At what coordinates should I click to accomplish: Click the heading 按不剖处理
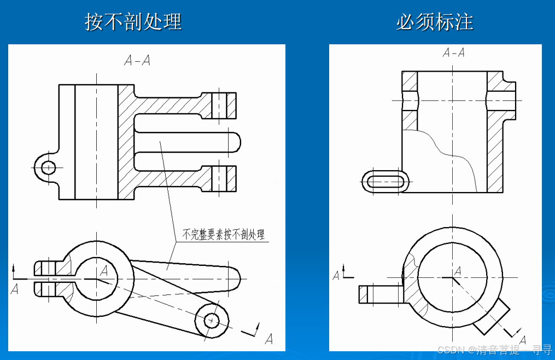[x=133, y=21]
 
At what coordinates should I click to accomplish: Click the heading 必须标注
[x=435, y=21]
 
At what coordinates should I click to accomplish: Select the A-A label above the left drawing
[x=137, y=61]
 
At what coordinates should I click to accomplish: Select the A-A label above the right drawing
[x=453, y=53]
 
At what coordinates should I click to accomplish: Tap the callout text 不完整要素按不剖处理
[x=223, y=235]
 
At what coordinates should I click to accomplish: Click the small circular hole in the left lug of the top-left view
[x=48, y=167]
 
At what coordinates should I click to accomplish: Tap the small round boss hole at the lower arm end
[x=211, y=320]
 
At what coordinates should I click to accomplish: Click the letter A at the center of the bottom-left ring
[x=104, y=270]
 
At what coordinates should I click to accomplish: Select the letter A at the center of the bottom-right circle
[x=458, y=270]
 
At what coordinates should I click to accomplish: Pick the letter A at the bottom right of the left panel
[x=268, y=339]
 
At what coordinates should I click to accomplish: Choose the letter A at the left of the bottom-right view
[x=336, y=276]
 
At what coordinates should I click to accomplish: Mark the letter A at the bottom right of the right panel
[x=523, y=340]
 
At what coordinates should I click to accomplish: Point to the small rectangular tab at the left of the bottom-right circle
[x=379, y=294]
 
